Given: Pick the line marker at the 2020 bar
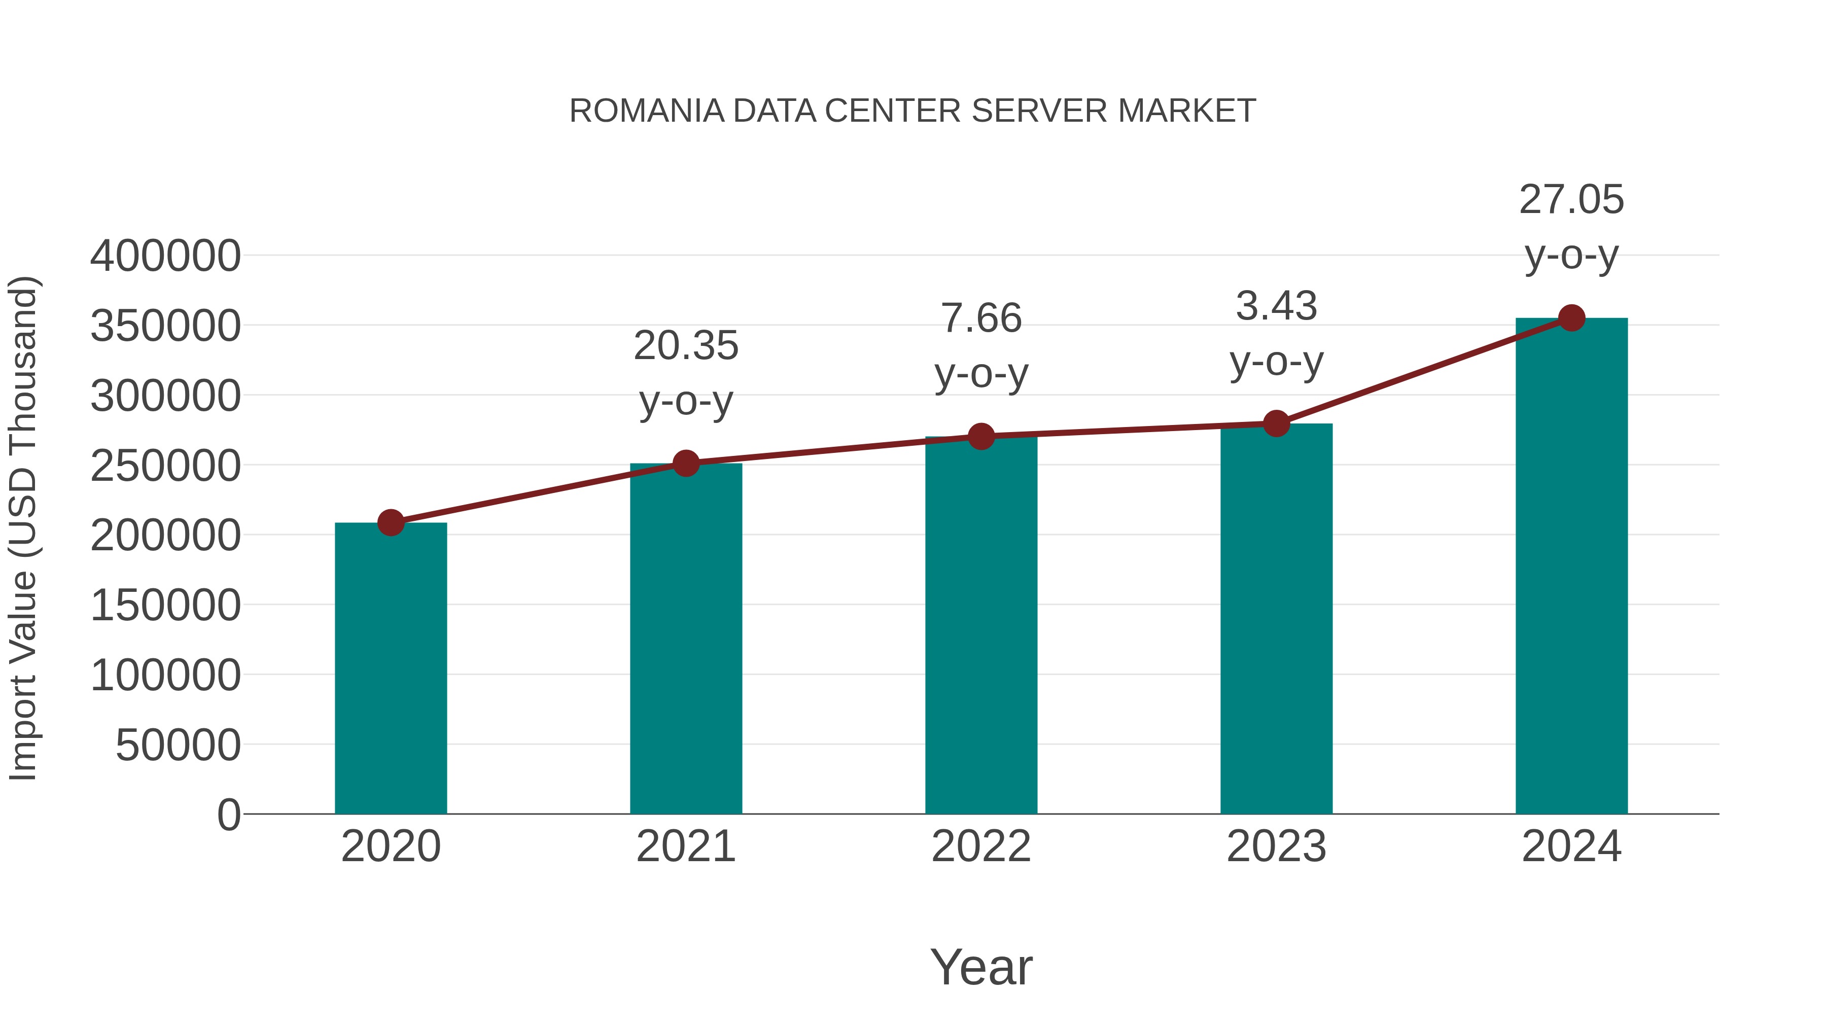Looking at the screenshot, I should coord(391,523).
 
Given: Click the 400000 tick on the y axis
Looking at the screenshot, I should coord(165,256).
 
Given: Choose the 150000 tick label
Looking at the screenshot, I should coord(165,606).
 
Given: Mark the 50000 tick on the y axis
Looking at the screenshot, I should coord(178,746).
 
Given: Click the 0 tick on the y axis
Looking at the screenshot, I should coord(229,815).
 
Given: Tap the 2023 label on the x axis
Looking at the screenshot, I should coord(1276,847).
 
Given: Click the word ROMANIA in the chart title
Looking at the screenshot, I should coord(647,111).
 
